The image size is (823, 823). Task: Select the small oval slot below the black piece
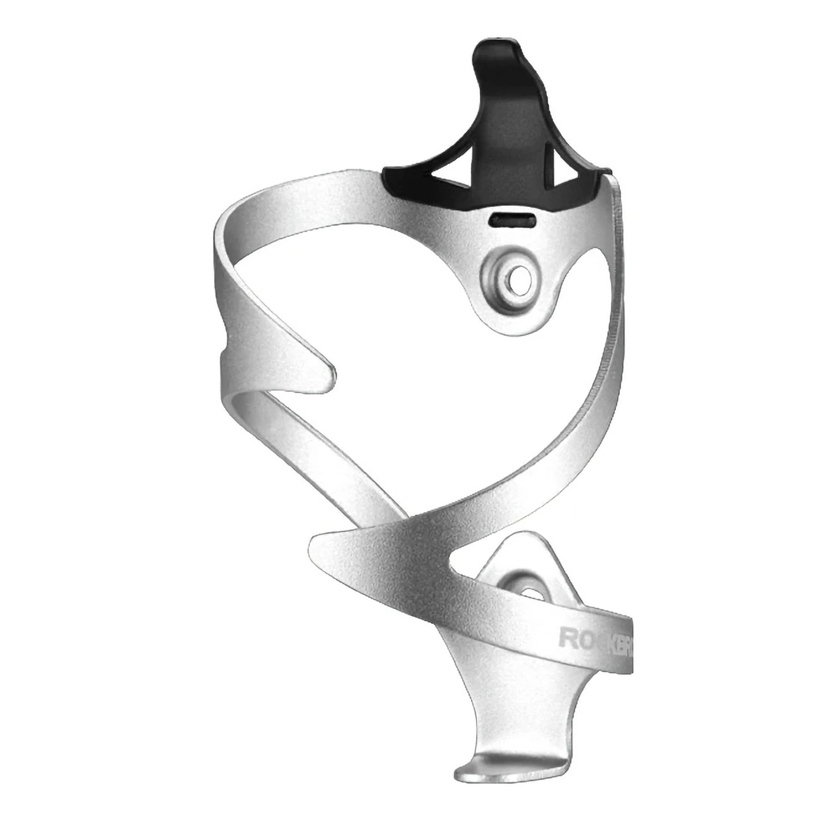(512, 220)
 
